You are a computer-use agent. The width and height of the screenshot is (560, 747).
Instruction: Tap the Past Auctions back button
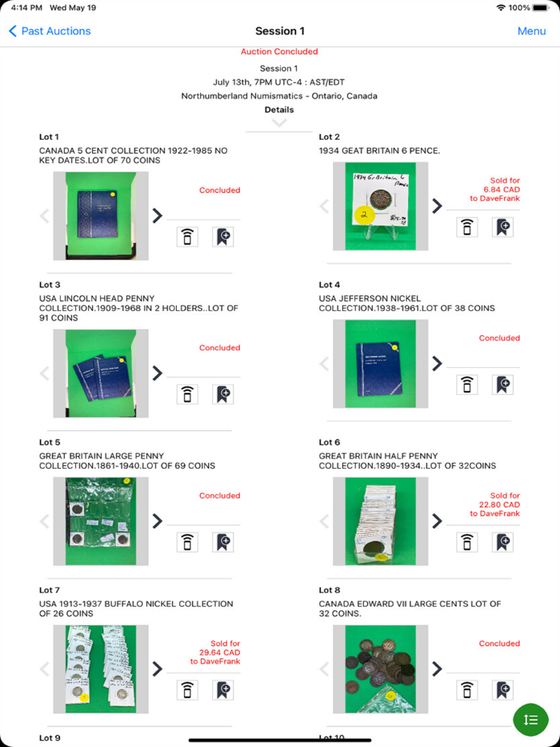[50, 31]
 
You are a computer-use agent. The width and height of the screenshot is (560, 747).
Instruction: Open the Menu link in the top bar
[531, 31]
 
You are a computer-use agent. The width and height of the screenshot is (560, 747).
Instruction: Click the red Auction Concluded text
[279, 52]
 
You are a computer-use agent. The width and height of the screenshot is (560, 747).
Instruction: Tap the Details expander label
[279, 110]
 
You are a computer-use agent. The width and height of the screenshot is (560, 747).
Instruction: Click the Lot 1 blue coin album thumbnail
[95, 216]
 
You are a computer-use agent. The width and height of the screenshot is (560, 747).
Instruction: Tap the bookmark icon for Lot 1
[223, 237]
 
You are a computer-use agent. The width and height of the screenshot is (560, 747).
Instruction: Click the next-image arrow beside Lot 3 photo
[158, 373]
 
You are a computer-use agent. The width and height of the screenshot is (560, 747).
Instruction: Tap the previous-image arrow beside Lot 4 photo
[324, 364]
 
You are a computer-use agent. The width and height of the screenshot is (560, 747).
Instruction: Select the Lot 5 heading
[50, 442]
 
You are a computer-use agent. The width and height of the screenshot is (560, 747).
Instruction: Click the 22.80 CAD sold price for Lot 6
[501, 505]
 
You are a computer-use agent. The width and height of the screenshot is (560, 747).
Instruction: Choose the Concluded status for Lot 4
[499, 338]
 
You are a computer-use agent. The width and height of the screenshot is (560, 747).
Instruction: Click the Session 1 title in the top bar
[279, 31]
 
